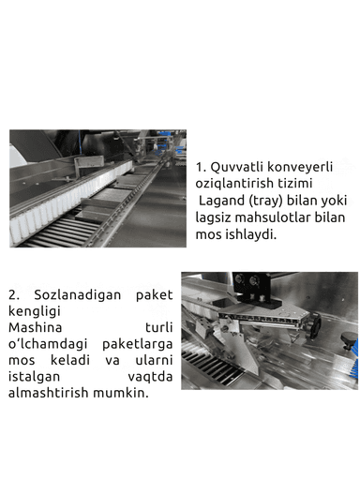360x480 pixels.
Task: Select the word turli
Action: (x=158, y=328)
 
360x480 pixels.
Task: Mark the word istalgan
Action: (x=36, y=376)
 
